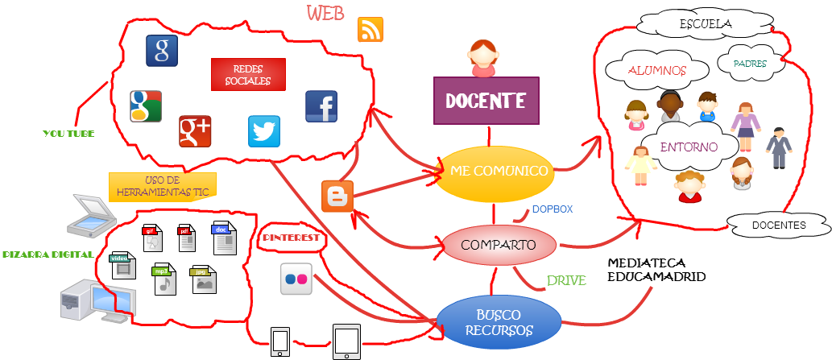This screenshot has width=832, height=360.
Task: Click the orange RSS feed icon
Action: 370,29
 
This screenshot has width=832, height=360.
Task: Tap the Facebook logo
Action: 321,106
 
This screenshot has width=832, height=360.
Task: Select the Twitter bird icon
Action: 264,131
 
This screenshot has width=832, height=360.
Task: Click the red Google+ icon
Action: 195,131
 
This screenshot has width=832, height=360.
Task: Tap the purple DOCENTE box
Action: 486,101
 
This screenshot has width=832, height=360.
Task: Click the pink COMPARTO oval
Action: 500,245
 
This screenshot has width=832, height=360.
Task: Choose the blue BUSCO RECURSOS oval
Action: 499,322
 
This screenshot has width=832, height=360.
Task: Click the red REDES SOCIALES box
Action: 247,75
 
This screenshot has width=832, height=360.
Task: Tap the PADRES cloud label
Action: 750,63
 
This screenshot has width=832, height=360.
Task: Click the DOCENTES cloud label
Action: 778,226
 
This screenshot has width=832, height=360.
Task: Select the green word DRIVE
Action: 566,280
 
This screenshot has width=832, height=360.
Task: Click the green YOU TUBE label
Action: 68,134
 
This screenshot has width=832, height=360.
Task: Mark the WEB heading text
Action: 326,14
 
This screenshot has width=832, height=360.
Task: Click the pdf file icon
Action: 186,237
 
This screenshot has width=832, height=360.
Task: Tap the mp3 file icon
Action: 164,279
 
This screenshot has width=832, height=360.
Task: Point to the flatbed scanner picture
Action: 91,215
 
